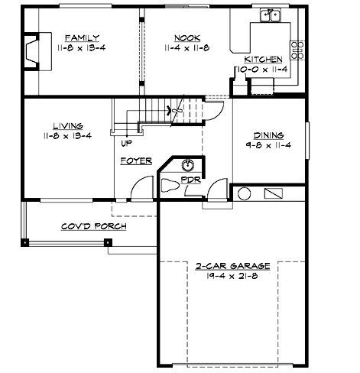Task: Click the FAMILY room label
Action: coord(79,37)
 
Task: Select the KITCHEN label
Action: coord(262,59)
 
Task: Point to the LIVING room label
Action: coord(68,126)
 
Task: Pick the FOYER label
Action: coord(136,161)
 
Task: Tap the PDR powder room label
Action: coord(190,180)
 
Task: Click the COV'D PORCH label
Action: coord(93,226)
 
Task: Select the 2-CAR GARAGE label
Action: coord(232,266)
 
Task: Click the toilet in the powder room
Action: coord(170,184)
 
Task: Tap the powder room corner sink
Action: coord(188,164)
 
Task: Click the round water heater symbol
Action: coord(245,193)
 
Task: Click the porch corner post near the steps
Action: coord(108,243)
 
